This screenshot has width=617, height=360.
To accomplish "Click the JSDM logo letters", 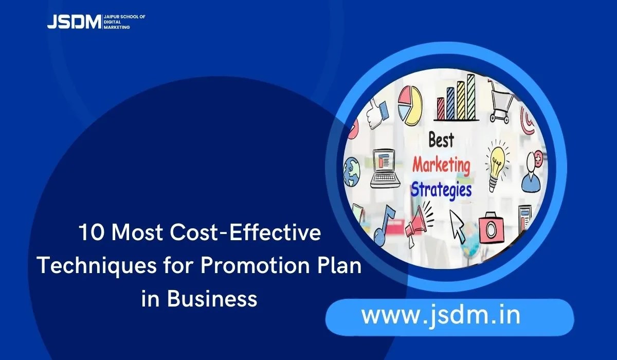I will click(x=74, y=22).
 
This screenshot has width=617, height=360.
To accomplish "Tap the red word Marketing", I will click(x=441, y=166).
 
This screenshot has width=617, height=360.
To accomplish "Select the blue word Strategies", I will click(x=441, y=189).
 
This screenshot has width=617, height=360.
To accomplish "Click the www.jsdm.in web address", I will click(x=440, y=315).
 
